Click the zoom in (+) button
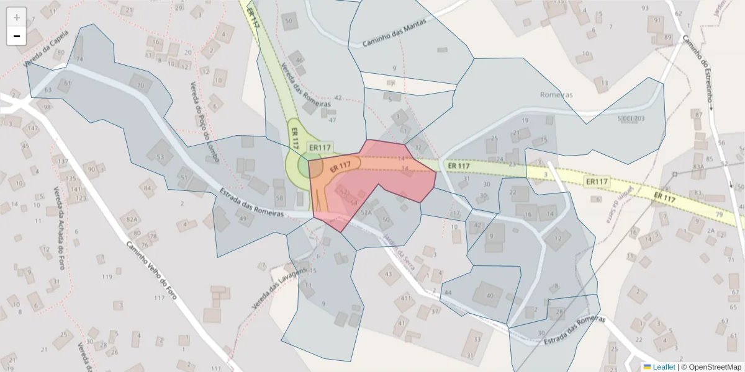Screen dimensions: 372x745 [x=17, y=17]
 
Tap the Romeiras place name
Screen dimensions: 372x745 [x=556, y=95]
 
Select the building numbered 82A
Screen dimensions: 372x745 [x=132, y=219]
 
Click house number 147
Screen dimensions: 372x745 [x=32, y=128]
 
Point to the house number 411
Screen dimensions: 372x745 [x=406, y=298]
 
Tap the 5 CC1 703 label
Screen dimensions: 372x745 [x=631, y=118]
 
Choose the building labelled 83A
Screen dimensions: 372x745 [x=698, y=167]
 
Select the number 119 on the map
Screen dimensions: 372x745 [x=107, y=277]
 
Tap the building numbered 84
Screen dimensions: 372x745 [x=148, y=187]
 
